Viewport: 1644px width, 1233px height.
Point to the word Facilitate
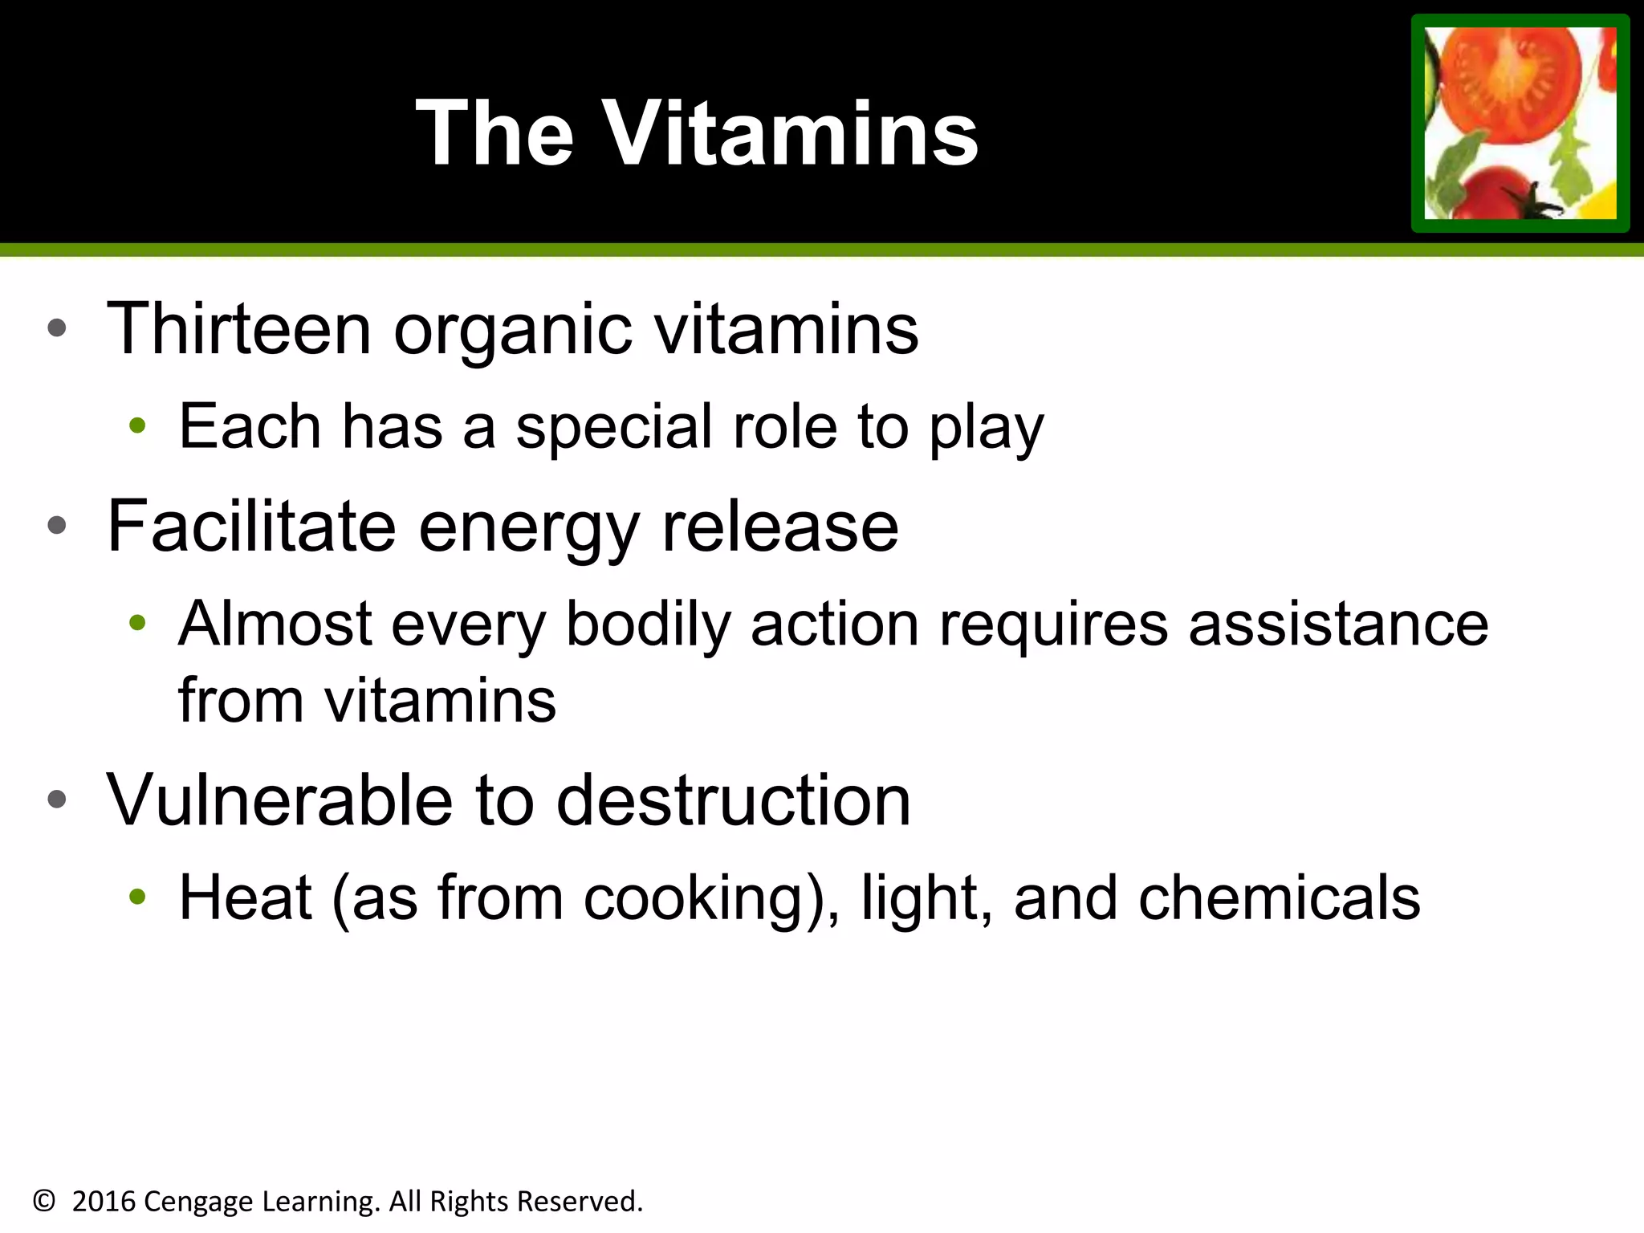pyautogui.click(x=251, y=527)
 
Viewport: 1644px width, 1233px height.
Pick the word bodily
pyautogui.click(x=648, y=625)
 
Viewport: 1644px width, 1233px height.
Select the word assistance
pyautogui.click(x=1338, y=624)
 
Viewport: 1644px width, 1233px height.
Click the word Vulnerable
pyautogui.click(x=279, y=800)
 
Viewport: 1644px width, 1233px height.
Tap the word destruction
pyautogui.click(x=734, y=800)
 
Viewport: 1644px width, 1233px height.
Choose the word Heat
pyautogui.click(x=245, y=897)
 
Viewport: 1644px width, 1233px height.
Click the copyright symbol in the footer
pyautogui.click(x=44, y=1201)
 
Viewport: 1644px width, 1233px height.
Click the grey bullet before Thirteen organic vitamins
pyautogui.click(x=56, y=328)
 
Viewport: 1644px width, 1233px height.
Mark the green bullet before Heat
pyautogui.click(x=137, y=897)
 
